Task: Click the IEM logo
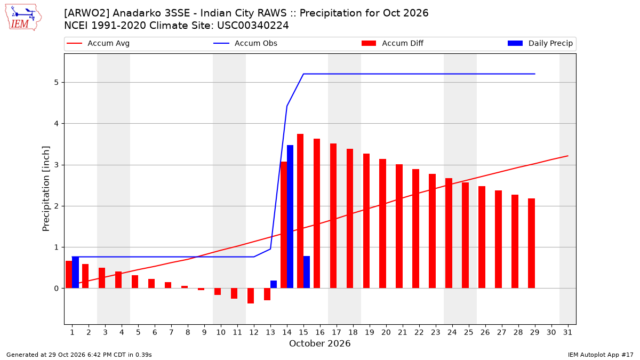tap(23, 18)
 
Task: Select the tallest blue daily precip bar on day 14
tap(290, 217)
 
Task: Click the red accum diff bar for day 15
tap(300, 211)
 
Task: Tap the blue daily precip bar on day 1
tap(75, 273)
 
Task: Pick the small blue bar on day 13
tap(274, 284)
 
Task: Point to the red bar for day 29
tap(531, 243)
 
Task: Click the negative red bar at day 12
tap(251, 295)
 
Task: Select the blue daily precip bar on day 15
tap(307, 272)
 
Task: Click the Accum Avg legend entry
tap(98, 43)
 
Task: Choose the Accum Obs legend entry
tap(245, 43)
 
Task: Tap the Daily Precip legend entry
tap(540, 43)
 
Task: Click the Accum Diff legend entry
tap(393, 43)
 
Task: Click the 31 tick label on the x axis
tap(567, 332)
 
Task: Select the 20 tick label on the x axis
tap(386, 332)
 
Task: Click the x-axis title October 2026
tap(319, 343)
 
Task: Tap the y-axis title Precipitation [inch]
tap(46, 189)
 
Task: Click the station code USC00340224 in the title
tap(253, 26)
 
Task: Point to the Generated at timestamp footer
tap(79, 355)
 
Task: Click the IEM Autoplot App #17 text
tap(601, 355)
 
